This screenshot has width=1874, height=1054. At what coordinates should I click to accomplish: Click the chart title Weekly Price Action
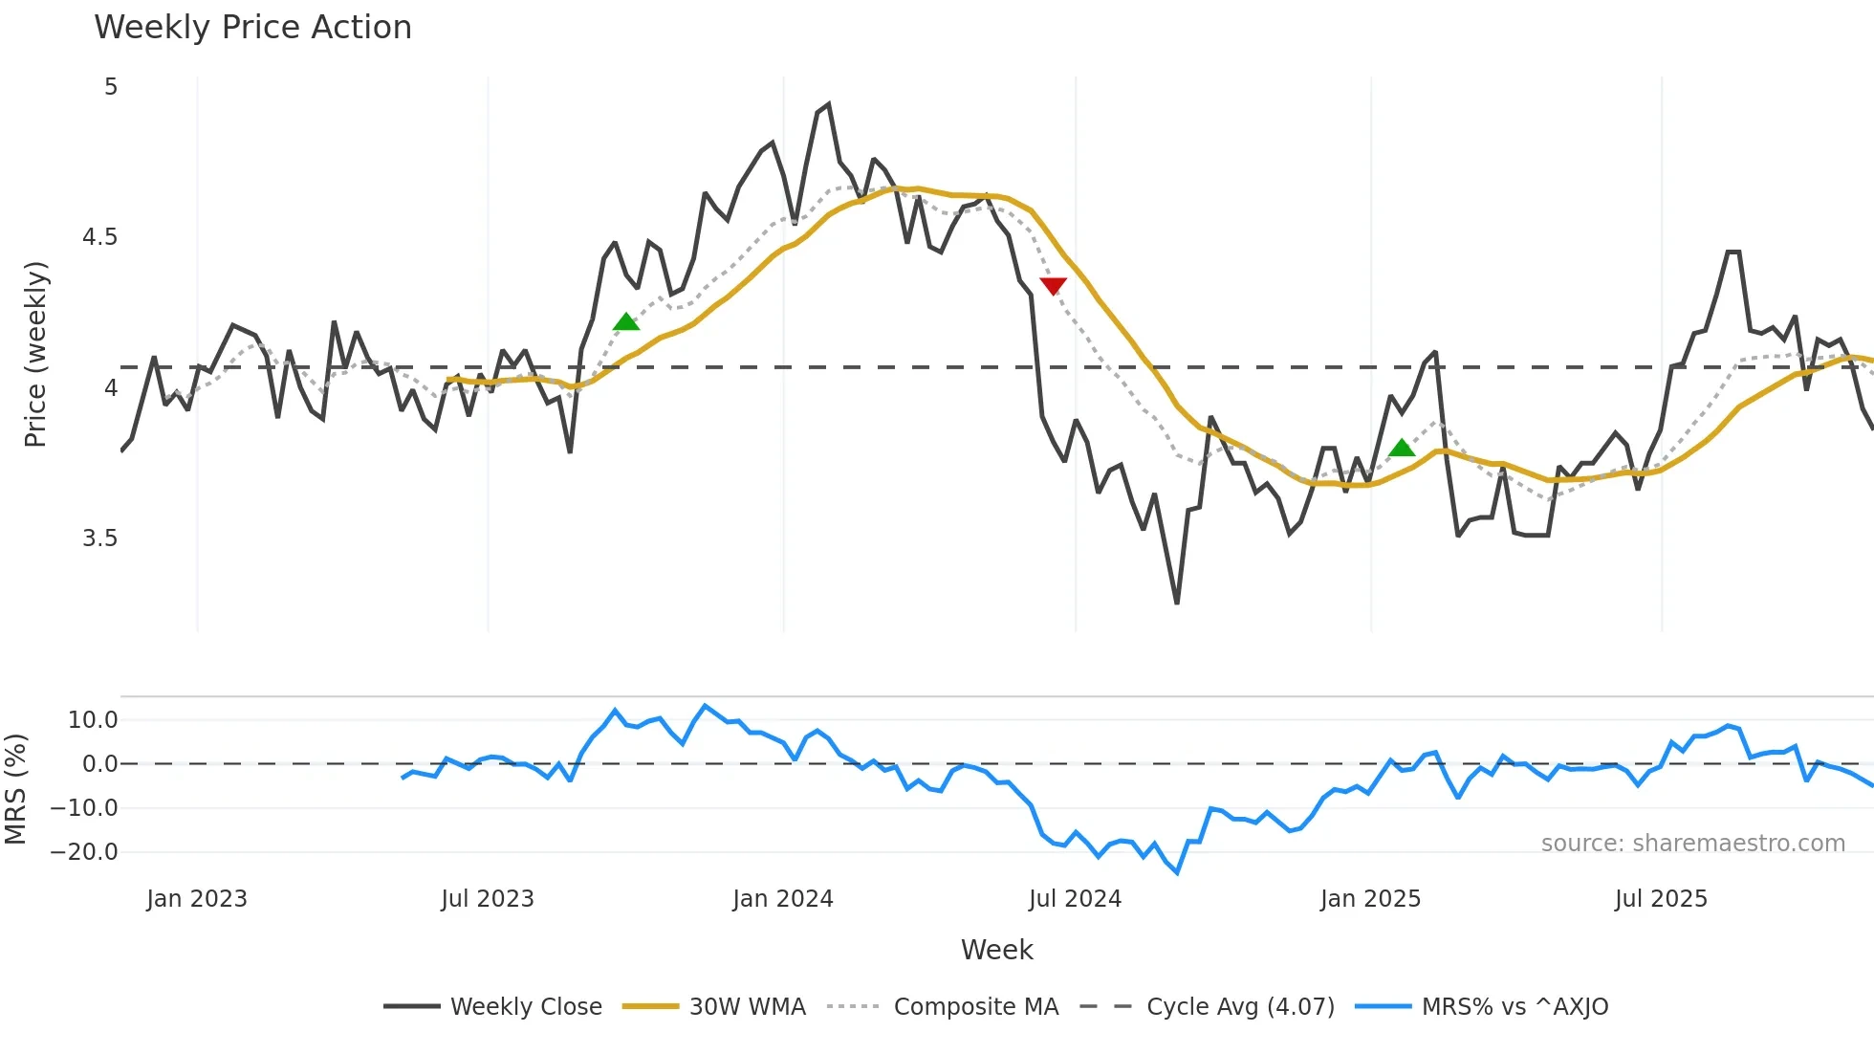[x=252, y=28]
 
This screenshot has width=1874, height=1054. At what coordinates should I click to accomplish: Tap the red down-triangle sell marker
[x=1053, y=286]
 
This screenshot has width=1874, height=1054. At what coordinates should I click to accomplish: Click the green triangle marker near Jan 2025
[x=1401, y=448]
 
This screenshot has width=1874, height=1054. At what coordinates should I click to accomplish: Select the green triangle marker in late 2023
[x=625, y=322]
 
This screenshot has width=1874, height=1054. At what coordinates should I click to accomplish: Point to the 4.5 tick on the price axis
[x=99, y=237]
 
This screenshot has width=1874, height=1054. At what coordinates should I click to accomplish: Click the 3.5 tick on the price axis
[x=99, y=538]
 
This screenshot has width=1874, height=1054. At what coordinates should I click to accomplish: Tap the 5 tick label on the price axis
[x=111, y=87]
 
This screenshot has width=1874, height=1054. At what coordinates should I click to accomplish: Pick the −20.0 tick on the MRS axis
[x=84, y=852]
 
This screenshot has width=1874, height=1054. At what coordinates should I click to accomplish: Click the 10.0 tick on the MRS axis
[x=93, y=720]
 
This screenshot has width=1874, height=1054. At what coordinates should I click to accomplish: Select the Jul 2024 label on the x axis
[x=1075, y=899]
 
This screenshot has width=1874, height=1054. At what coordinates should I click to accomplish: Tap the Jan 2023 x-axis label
[x=197, y=899]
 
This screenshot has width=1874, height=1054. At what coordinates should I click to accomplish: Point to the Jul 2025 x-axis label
[x=1661, y=899]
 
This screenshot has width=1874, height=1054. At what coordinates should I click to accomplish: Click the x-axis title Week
[x=996, y=950]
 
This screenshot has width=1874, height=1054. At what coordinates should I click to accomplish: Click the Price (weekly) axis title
[x=35, y=354]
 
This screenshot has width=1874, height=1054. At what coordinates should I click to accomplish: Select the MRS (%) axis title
[x=15, y=789]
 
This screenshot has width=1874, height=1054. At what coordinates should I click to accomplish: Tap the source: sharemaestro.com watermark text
[x=1692, y=844]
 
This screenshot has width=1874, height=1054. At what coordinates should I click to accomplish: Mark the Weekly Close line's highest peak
[x=828, y=104]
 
